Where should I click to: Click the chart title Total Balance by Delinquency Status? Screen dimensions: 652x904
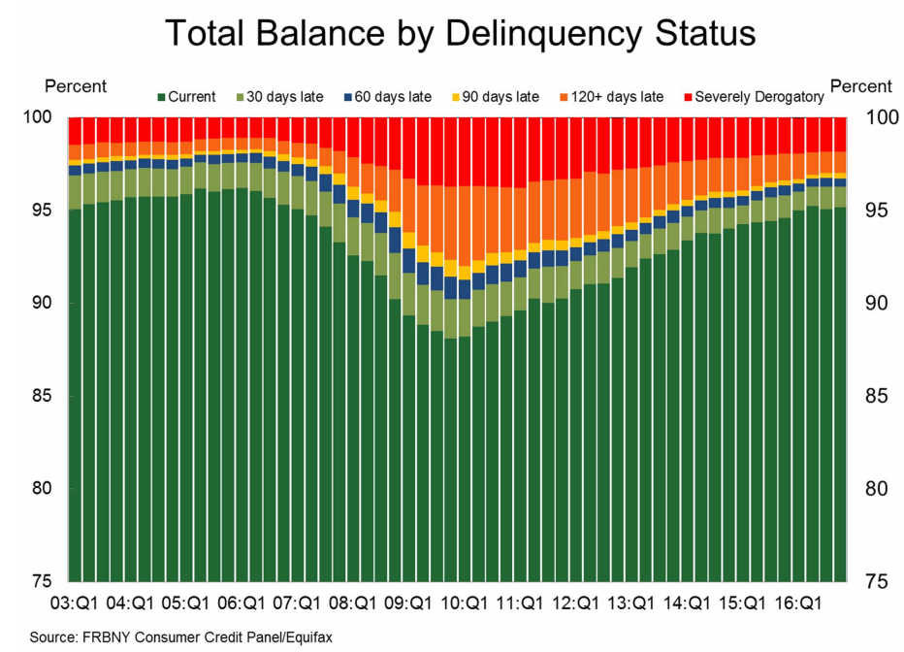point(460,34)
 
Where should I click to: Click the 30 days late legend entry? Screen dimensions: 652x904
point(276,96)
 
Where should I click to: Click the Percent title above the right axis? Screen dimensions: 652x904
point(860,87)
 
